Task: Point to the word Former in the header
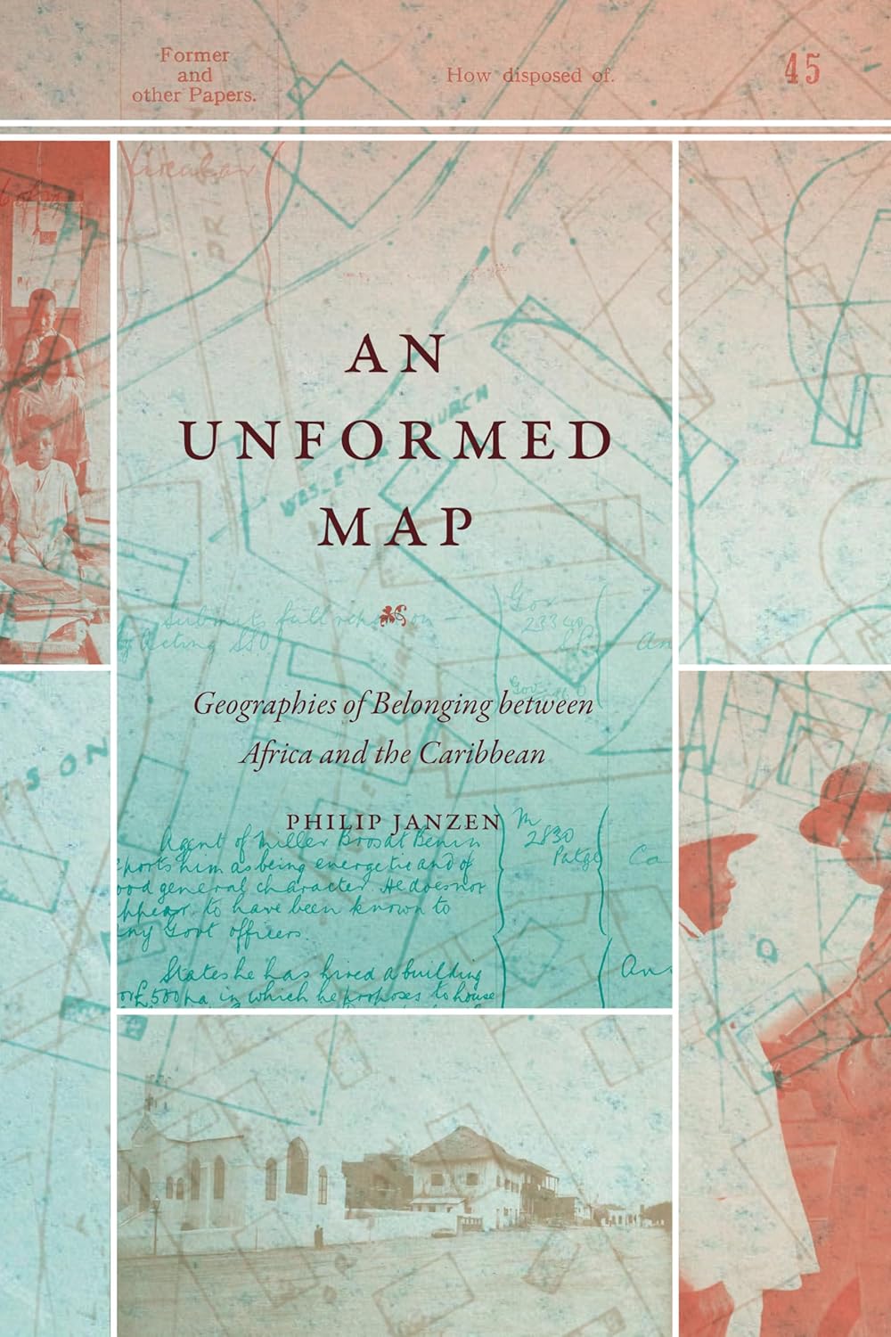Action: coord(194,55)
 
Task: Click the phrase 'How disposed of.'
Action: coord(530,76)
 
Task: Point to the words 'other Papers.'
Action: coord(194,94)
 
